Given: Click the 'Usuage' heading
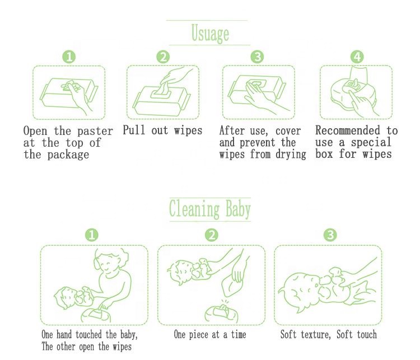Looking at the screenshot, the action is (210, 34).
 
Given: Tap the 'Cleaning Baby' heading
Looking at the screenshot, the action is (210, 209).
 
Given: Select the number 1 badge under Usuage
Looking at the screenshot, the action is (69, 57).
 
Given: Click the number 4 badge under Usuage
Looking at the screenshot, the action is (357, 57).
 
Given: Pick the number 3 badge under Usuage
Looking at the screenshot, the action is (257, 57).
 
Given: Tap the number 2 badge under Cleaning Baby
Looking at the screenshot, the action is (212, 235).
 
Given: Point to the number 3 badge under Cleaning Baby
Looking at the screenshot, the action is (330, 235).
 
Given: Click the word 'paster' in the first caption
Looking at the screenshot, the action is (95, 132).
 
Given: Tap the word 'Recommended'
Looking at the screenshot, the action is (348, 130).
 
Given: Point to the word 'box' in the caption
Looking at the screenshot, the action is (324, 154).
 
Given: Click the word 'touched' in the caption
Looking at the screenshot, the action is (88, 335).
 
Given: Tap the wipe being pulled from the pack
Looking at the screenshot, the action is (163, 88).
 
